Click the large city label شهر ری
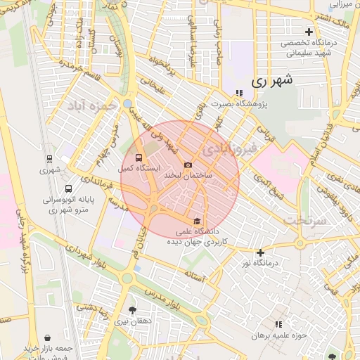[x=270, y=81]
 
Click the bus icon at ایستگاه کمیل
[x=138, y=158]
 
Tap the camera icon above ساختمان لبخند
[x=188, y=165]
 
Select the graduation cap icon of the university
[x=196, y=220]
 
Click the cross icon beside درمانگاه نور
[x=260, y=252]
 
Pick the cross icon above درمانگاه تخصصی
[x=309, y=32]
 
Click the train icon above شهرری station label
[x=49, y=159]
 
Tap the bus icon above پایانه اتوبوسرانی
[x=68, y=189]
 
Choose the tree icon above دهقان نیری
[x=133, y=310]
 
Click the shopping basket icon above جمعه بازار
[x=47, y=338]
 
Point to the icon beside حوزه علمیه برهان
[x=278, y=324]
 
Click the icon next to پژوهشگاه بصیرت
[x=239, y=92]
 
